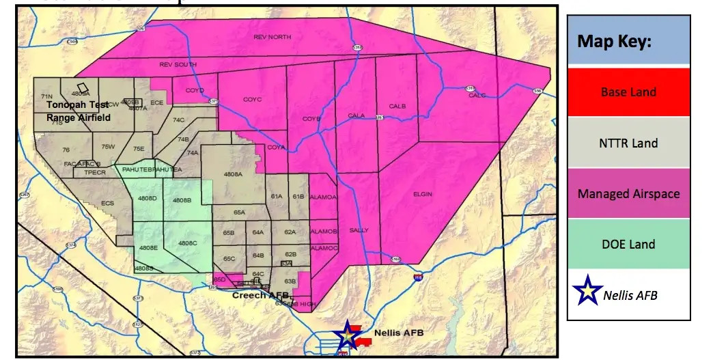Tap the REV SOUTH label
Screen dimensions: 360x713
pos(178,65)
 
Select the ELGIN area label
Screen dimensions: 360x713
pos(423,194)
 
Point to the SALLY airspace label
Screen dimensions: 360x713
pos(359,230)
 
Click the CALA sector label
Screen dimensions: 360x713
pos(356,115)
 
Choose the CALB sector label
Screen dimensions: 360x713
pos(397,107)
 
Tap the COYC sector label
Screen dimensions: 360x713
pos(252,100)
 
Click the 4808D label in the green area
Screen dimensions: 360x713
pos(148,198)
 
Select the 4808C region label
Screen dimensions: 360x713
pos(188,243)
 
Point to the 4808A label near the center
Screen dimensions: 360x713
pos(233,174)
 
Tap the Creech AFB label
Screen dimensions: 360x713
pos(260,296)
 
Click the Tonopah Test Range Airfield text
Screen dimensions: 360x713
pos(79,111)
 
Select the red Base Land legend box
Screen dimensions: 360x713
pos(628,92)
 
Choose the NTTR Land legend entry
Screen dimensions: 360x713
pos(628,143)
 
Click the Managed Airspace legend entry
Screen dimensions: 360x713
pos(628,193)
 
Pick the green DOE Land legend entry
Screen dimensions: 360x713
pos(628,244)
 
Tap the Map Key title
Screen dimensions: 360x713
pos(615,41)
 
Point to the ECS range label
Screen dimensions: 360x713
pos(108,203)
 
